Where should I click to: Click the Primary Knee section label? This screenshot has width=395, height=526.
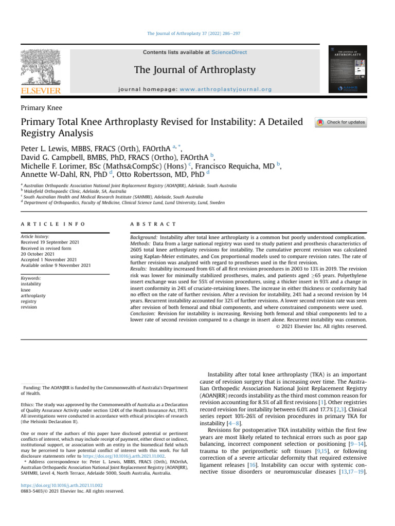41,108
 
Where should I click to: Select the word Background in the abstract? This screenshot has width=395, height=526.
144,237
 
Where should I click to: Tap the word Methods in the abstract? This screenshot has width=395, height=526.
141,243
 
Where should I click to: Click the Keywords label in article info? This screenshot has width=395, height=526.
31,278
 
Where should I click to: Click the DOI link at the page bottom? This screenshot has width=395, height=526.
62,485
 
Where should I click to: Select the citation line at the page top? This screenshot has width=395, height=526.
194,33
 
